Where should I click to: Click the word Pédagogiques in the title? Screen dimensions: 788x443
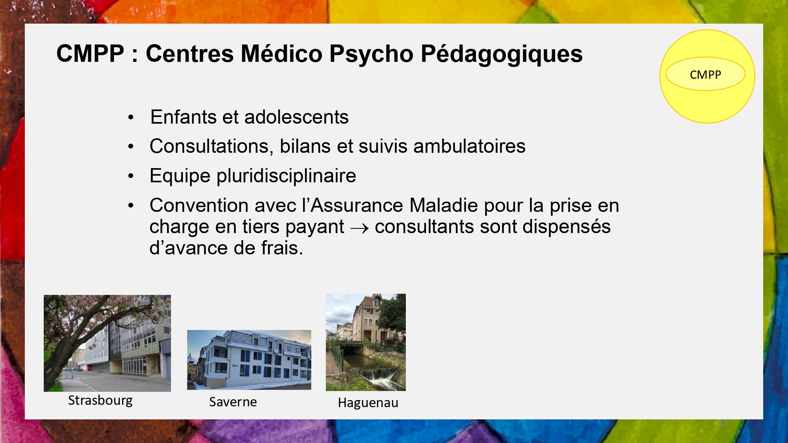(502, 54)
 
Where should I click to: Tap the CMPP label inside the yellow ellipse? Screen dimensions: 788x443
(705, 74)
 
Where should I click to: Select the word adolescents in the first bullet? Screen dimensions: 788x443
(296, 117)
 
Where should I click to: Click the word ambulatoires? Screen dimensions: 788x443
(469, 146)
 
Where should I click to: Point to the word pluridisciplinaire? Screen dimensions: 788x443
(286, 176)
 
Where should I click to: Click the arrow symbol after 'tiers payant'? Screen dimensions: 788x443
(359, 228)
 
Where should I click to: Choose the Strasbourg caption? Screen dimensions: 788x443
(100, 400)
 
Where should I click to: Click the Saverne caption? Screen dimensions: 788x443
(233, 402)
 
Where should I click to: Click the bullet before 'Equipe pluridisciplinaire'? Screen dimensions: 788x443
(131, 176)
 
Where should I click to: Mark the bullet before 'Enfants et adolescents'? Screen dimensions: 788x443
(131, 117)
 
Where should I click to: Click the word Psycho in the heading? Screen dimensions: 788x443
(371, 54)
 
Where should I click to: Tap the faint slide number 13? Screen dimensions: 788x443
(723, 423)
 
